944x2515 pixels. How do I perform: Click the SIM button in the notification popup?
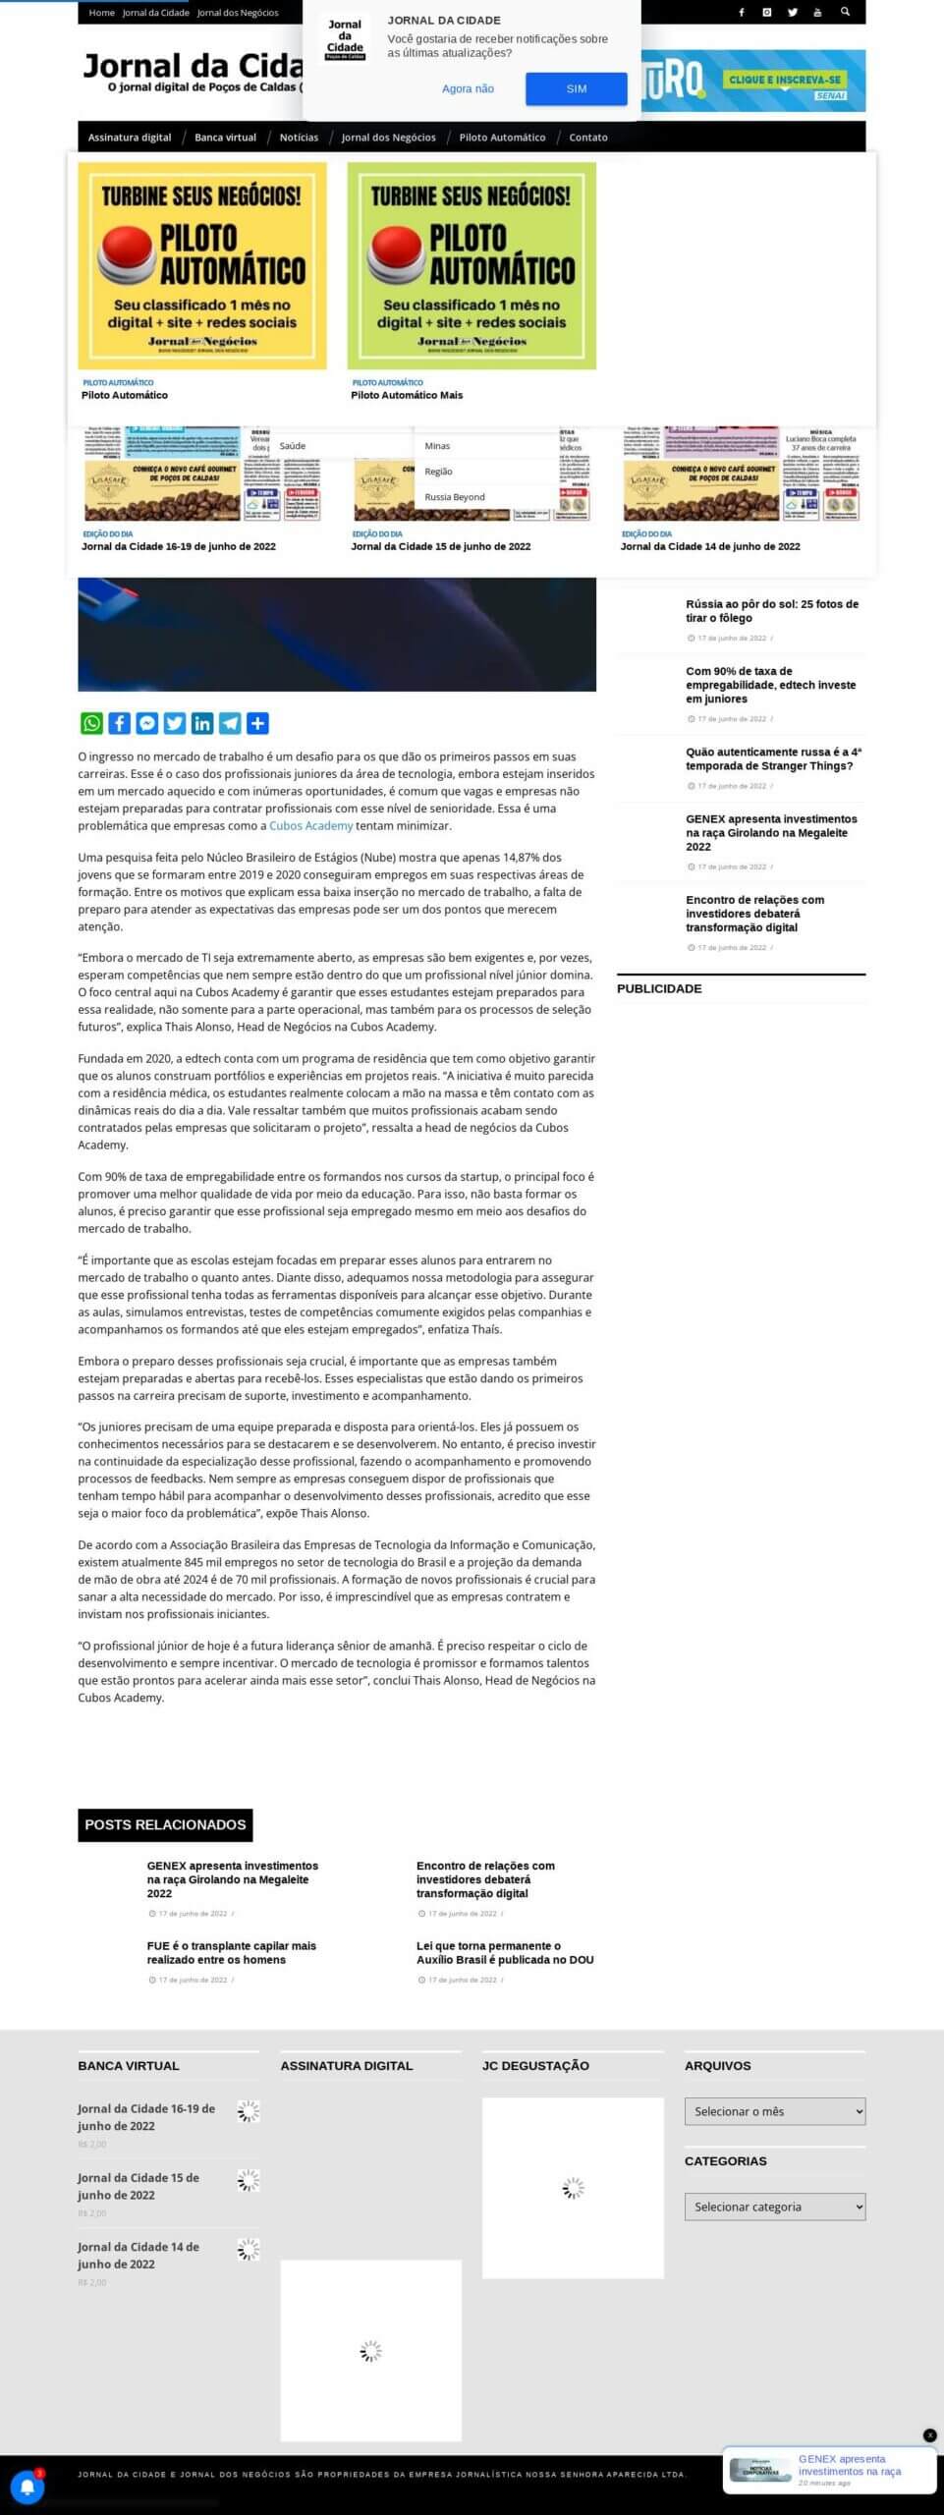tap(576, 88)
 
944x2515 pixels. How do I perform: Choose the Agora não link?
tap(468, 88)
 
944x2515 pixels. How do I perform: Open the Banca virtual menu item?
tap(225, 138)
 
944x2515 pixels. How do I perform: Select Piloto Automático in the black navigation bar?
tap(502, 138)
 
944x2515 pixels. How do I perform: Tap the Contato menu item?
tap(588, 138)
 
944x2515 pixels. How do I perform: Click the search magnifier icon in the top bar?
tap(845, 12)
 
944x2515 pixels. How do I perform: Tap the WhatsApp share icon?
tap(91, 723)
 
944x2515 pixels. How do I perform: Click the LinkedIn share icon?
tap(202, 723)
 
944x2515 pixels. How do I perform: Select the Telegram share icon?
tap(230, 723)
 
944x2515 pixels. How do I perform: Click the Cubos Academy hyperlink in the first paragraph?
tap(310, 826)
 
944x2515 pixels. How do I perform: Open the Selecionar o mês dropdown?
tap(774, 2111)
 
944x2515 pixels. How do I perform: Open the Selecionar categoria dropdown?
tap(774, 2207)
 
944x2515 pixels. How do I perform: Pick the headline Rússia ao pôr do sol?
tap(771, 610)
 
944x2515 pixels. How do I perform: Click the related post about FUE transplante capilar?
tap(231, 1952)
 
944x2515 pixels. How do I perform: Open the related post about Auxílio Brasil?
tap(504, 1952)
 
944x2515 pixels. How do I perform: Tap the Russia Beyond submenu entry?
tap(455, 497)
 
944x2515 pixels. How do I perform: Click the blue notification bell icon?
tap(28, 2487)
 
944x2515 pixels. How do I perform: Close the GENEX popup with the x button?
tap(929, 2435)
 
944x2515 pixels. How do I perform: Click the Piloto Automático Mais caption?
tap(407, 395)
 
